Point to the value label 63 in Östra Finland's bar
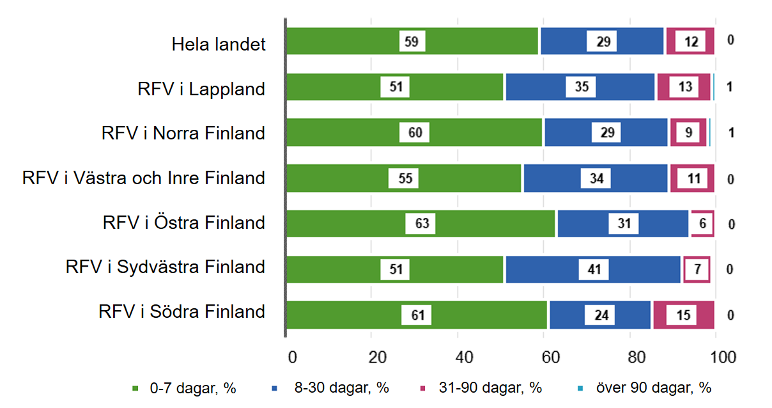point(421,224)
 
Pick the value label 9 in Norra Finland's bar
point(688,133)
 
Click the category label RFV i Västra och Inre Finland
point(144,178)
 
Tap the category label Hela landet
point(219,45)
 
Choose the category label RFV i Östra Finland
point(183,223)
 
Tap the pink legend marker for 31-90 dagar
point(422,388)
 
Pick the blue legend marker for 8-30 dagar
point(274,388)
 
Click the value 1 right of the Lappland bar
point(729,87)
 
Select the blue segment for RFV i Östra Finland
point(623,224)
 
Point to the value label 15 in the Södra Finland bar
point(683,315)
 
